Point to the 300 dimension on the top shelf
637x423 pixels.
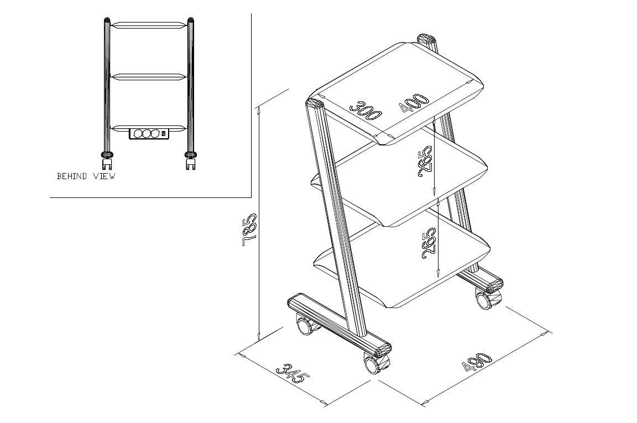point(365,110)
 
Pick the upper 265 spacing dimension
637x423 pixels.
point(425,161)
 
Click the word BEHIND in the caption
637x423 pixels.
point(72,176)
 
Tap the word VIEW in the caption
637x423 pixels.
point(105,176)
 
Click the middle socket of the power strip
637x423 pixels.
point(146,133)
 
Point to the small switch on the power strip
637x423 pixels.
point(164,133)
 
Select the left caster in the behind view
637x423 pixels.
point(107,161)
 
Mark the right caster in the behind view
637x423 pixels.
point(190,161)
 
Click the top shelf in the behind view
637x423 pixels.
point(149,25)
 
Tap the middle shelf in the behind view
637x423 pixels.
point(149,77)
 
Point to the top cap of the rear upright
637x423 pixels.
point(426,39)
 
